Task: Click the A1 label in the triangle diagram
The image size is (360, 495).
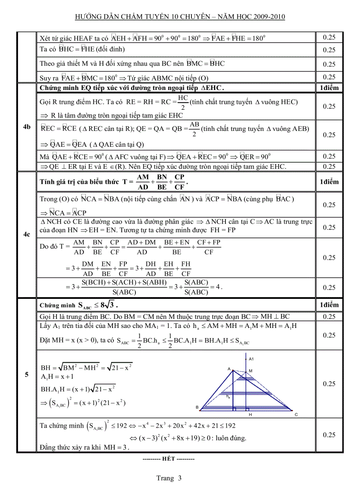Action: click(251, 359)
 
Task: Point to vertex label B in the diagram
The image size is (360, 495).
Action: click(197, 407)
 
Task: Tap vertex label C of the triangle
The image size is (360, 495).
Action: click(296, 414)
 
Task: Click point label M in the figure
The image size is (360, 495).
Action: click(250, 371)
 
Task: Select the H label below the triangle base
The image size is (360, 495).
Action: click(250, 415)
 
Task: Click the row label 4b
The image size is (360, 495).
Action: click(26, 127)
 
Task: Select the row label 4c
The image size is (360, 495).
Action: click(26, 235)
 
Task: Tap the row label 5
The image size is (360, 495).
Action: click(26, 375)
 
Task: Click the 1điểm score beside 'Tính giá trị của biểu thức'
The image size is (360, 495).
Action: click(328, 182)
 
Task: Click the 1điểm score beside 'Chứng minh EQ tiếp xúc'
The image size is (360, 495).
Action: click(328, 88)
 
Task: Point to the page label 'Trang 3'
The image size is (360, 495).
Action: click(169, 478)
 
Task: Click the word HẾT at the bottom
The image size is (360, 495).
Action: click(169, 458)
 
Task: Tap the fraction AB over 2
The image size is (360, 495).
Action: click(194, 129)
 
